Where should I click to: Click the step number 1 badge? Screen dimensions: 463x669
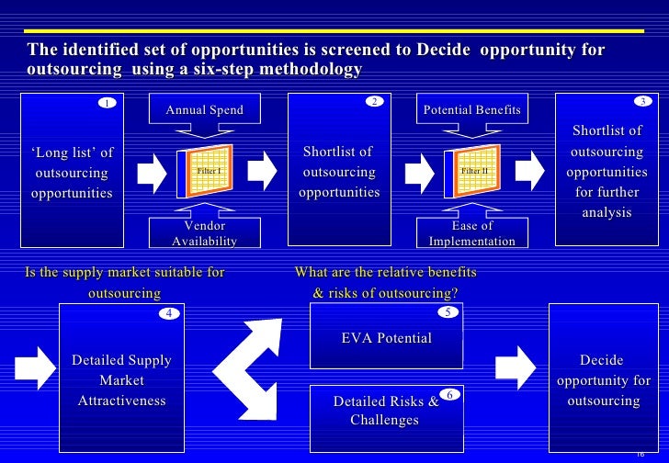108,103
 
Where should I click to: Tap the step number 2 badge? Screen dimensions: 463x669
374,101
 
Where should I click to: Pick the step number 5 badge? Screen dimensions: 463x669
448,312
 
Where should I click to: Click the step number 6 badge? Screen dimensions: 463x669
449,395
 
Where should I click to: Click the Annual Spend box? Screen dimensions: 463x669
204,110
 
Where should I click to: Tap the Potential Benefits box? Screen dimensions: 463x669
471,110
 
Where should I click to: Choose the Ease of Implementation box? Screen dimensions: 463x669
472,233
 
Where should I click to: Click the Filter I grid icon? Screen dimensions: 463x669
204,171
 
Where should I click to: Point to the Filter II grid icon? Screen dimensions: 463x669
471,171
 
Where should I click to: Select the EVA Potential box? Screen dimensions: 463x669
386,338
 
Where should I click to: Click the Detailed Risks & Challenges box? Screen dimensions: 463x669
385,412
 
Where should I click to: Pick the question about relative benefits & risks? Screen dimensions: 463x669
385,282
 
